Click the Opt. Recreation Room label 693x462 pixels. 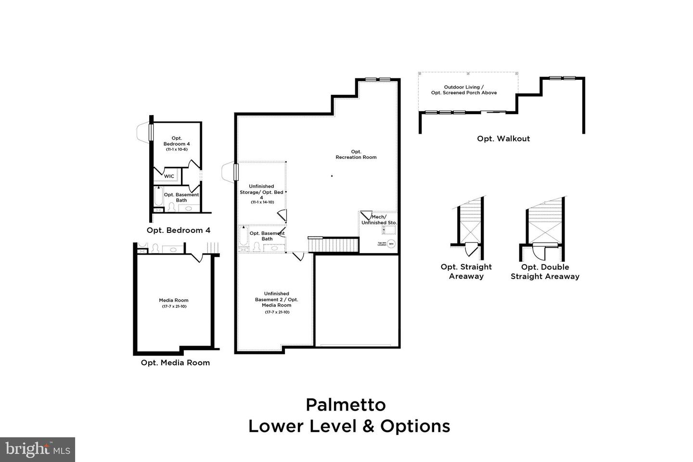click(x=356, y=154)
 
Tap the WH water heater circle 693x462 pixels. click(x=391, y=244)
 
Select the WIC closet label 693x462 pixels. click(x=169, y=176)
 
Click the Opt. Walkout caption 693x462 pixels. click(x=503, y=139)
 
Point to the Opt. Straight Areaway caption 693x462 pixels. click(x=466, y=271)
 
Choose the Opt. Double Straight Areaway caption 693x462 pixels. click(x=545, y=271)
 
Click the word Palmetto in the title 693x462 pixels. click(x=346, y=405)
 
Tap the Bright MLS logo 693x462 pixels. click(x=37, y=449)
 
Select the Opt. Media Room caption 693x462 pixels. click(x=175, y=362)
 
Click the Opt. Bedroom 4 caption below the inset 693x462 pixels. click(x=179, y=230)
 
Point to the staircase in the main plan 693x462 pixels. click(x=334, y=245)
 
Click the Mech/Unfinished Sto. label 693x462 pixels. click(x=379, y=220)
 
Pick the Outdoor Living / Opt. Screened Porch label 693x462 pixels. click(x=464, y=90)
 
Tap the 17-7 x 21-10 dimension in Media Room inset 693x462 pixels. click(x=174, y=306)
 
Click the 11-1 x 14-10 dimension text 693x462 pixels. click(x=262, y=202)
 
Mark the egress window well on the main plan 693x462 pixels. click(x=228, y=172)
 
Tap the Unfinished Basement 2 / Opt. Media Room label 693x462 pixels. click(x=277, y=299)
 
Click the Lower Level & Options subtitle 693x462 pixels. click(x=349, y=426)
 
